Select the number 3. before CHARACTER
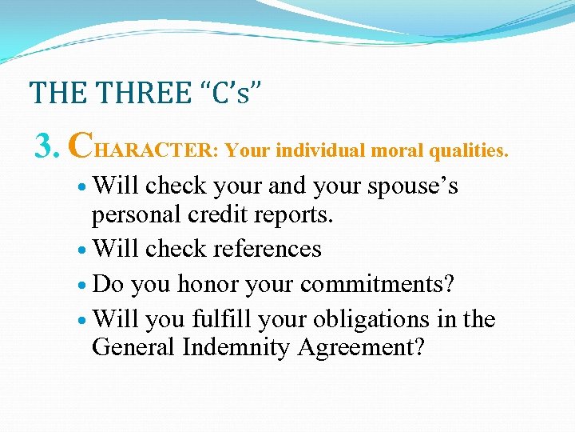(x=47, y=146)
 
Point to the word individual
(x=312, y=150)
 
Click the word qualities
(x=468, y=150)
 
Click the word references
(x=259, y=249)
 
